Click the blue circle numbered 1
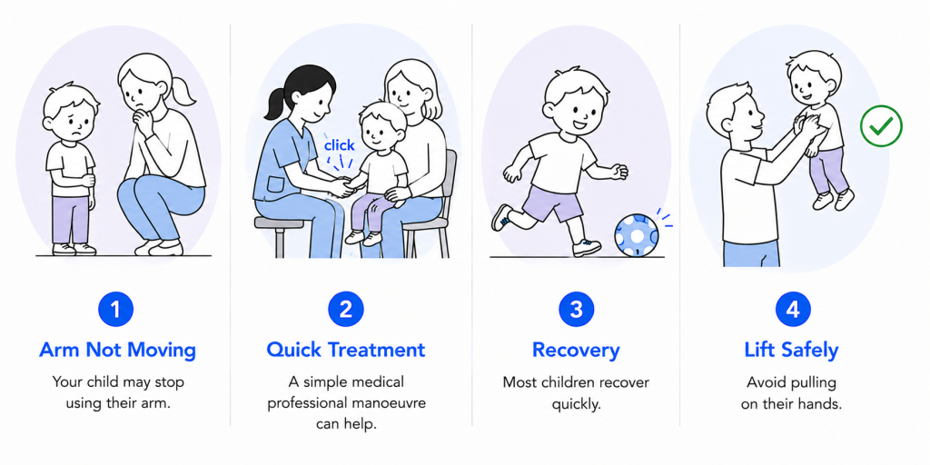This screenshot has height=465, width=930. (x=116, y=309)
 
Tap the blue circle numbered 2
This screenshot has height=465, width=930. (x=346, y=309)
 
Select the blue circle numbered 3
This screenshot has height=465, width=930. (x=576, y=309)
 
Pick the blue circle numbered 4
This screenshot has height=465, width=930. (x=792, y=309)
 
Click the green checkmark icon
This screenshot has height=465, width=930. (x=881, y=125)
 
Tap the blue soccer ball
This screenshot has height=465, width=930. (x=637, y=235)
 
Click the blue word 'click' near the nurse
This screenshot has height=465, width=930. (x=339, y=145)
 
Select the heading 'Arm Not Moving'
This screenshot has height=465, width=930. (x=117, y=350)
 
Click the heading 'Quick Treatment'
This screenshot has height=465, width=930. (x=346, y=350)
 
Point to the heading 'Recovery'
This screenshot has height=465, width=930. (x=576, y=351)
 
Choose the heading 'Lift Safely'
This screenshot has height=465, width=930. (x=792, y=351)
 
